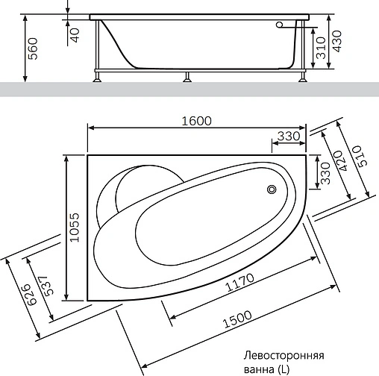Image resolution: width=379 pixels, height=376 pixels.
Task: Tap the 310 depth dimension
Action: pos(319,48)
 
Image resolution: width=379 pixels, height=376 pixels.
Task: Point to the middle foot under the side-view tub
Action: pos(188,75)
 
